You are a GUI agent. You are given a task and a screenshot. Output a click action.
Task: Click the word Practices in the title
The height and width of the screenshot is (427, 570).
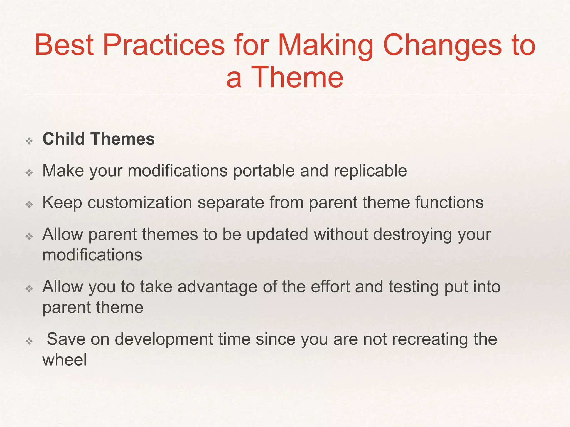pos(164,45)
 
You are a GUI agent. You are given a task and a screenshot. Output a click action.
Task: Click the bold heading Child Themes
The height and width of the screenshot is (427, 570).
pos(99,139)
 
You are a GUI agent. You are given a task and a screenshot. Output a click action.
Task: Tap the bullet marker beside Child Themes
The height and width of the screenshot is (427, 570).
pos(29,141)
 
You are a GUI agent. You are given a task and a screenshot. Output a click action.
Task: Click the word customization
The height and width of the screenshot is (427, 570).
pos(140,203)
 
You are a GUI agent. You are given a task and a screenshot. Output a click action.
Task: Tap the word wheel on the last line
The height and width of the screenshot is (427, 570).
pos(65,360)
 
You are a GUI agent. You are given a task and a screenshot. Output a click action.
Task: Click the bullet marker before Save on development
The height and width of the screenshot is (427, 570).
pos(29,341)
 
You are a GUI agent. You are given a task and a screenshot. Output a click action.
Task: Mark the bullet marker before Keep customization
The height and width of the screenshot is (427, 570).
pos(29,205)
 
